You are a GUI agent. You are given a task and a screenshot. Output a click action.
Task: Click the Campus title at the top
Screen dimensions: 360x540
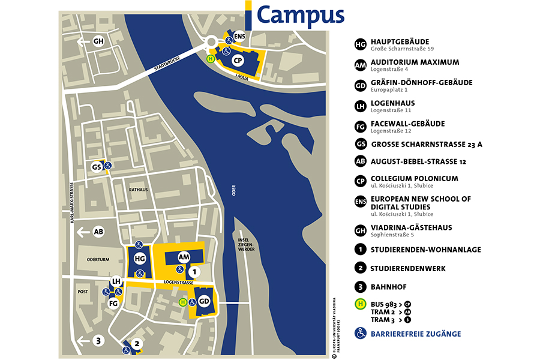pos(300,14)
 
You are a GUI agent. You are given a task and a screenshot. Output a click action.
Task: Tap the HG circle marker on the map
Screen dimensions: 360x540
pos(140,259)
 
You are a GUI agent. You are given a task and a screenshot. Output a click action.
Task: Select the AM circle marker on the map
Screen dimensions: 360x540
pos(184,256)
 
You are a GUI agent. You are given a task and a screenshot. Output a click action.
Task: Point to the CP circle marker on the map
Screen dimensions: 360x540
pos(238,61)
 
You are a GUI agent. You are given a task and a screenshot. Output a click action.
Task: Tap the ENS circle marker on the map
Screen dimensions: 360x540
pos(240,36)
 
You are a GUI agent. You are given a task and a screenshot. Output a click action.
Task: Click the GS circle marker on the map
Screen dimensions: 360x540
pos(96,167)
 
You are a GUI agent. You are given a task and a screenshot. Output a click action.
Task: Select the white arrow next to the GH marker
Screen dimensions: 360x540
pos(82,41)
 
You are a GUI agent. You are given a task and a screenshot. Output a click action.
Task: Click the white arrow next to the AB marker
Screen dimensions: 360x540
pos(82,232)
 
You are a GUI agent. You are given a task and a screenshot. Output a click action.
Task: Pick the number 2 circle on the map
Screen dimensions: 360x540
pos(138,344)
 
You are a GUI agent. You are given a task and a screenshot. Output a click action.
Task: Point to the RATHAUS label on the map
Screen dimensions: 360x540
pos(138,189)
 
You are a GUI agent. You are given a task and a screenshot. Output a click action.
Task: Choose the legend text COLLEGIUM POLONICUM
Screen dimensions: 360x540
pos(414,178)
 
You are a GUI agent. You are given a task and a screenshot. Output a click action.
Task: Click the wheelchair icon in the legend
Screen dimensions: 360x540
pos(361,334)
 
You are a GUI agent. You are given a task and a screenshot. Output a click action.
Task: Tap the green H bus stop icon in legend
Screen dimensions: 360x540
pos(361,304)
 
